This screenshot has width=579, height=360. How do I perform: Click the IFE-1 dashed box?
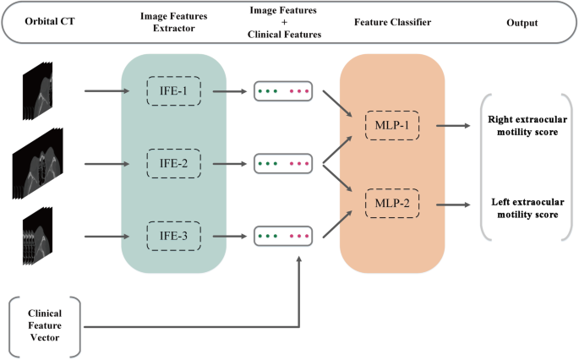pos(174,90)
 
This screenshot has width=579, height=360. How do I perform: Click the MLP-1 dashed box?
pos(392,123)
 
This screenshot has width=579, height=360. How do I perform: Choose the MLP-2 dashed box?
pos(392,204)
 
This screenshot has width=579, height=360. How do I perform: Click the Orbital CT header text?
pos(37,23)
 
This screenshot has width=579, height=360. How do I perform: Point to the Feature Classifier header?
pos(392,23)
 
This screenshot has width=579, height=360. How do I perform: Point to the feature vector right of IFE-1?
pos(283,90)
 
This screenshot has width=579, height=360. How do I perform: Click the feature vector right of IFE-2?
pos(283,161)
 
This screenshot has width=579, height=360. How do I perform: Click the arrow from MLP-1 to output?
pos(448,123)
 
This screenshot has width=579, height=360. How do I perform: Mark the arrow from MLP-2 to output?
pos(448,204)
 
